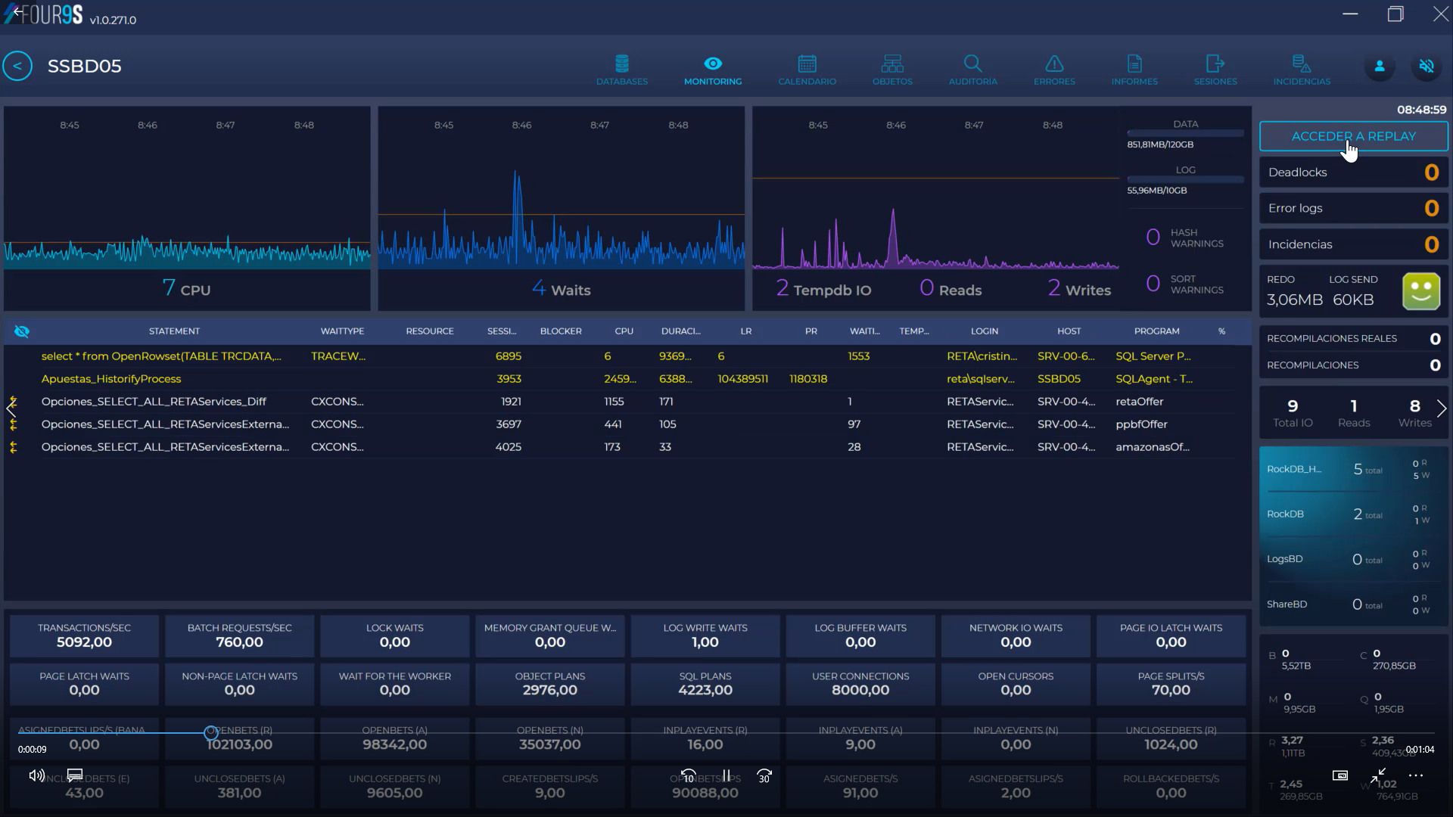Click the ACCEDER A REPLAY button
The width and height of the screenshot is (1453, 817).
(1353, 136)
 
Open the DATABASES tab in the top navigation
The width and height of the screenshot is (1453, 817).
(622, 70)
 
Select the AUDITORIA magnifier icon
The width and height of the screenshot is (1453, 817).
(972, 64)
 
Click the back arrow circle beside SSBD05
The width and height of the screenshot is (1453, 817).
(17, 66)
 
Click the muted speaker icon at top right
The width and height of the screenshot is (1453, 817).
(1427, 67)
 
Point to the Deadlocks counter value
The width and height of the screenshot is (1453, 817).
(1431, 172)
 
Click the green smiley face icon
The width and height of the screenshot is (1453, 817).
(1420, 291)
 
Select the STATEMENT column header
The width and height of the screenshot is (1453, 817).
(174, 331)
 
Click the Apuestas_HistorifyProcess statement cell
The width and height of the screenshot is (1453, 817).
(111, 379)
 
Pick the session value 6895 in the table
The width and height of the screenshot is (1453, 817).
(508, 356)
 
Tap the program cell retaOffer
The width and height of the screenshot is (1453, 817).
(1139, 402)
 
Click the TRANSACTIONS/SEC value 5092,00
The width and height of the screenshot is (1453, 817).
(84, 642)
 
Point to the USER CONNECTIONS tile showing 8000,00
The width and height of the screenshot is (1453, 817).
(860, 683)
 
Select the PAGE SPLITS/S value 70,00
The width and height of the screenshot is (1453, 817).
(1171, 690)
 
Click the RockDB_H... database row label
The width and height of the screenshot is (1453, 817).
(1294, 469)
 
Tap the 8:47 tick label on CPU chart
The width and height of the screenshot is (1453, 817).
(226, 125)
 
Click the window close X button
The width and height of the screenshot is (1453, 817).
(1440, 14)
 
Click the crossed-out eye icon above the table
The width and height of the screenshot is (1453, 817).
(22, 331)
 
